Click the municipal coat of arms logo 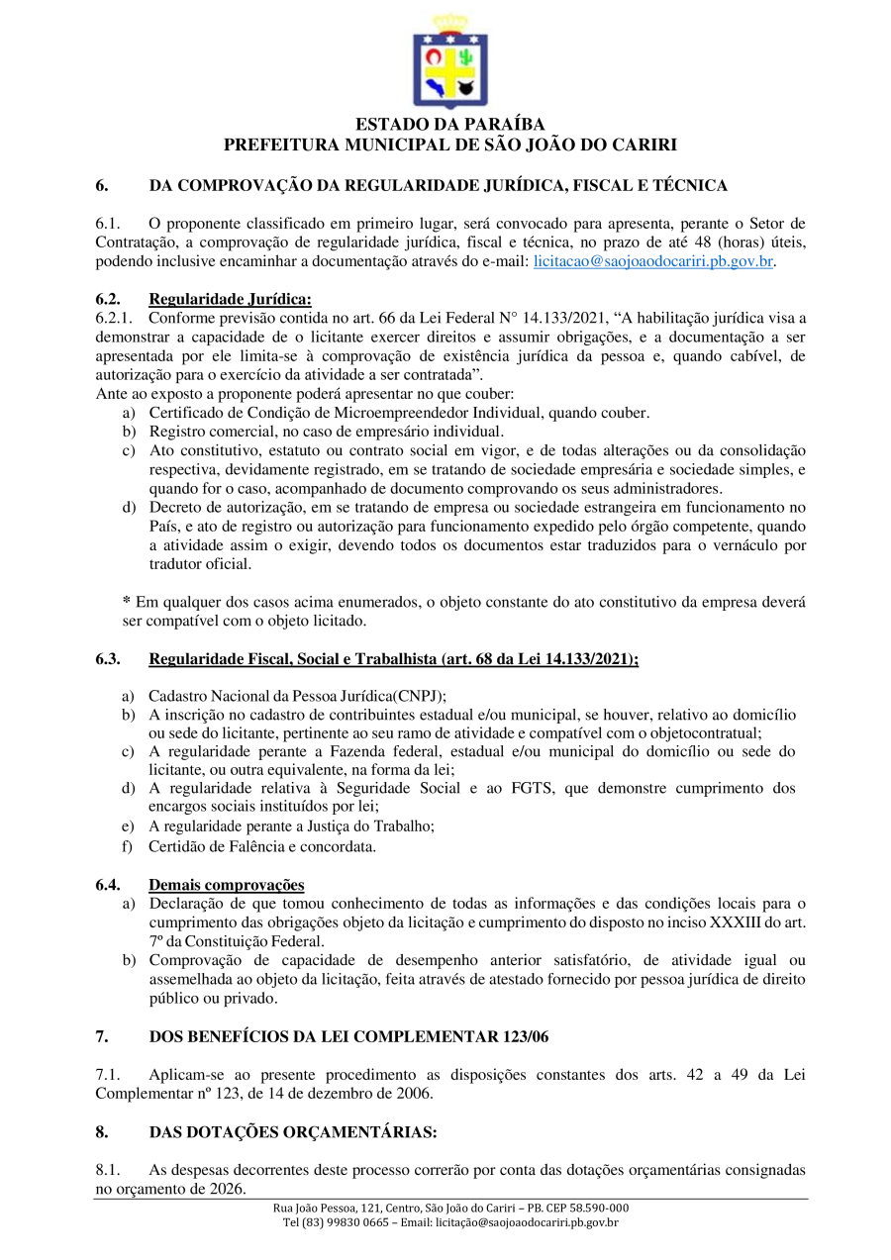pyautogui.click(x=450, y=61)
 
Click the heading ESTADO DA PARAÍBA pyautogui.click(x=450, y=125)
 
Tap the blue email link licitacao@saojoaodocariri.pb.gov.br pyautogui.click(x=653, y=262)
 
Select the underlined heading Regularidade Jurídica pyautogui.click(x=230, y=300)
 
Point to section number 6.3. pyautogui.click(x=108, y=659)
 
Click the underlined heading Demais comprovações pyautogui.click(x=227, y=885)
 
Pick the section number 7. pyautogui.click(x=101, y=1036)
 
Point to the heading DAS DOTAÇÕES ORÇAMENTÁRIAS pyautogui.click(x=293, y=1131)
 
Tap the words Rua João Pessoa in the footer pyautogui.click(x=309, y=1209)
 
